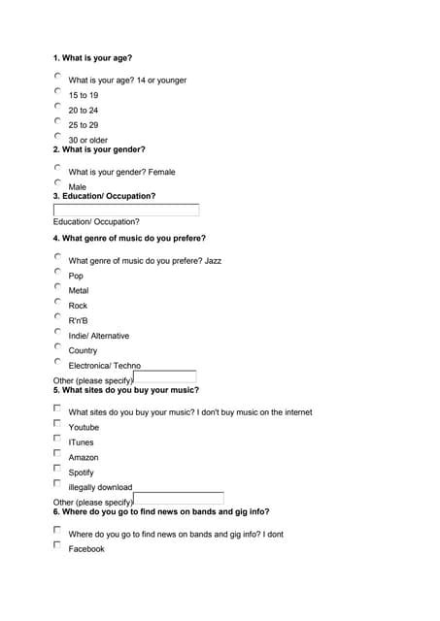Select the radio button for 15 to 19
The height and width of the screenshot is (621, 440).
(57, 91)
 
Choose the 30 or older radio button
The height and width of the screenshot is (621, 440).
(57, 136)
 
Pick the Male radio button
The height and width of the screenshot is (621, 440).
(57, 182)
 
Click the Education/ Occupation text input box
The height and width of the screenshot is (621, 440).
(126, 210)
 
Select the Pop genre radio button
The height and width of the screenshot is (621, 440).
(57, 272)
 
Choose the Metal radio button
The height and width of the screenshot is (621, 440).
(57, 286)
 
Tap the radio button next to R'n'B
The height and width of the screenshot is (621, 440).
(57, 316)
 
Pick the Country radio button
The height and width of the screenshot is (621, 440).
(57, 346)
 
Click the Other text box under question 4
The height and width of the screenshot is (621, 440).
(164, 377)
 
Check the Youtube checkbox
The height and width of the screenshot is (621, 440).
(57, 423)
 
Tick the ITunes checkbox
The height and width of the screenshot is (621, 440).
(57, 438)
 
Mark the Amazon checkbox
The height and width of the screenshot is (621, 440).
(57, 453)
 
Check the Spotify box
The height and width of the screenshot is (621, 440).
(57, 468)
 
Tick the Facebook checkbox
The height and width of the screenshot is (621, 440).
(57, 544)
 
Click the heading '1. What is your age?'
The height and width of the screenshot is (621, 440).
(92, 58)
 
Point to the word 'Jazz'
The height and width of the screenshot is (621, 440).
(213, 261)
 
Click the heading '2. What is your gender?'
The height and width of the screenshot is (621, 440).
(99, 149)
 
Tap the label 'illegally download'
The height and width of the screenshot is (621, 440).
(100, 487)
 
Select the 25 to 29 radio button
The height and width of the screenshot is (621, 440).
(57, 121)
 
